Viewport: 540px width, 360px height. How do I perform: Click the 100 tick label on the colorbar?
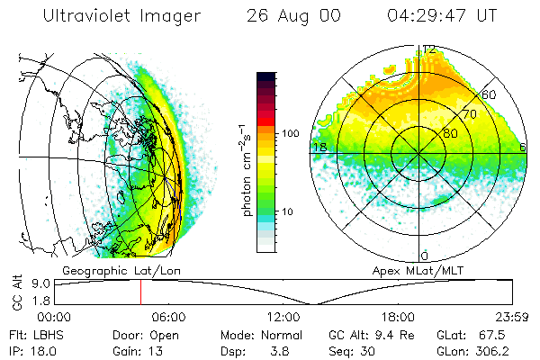tap(291, 133)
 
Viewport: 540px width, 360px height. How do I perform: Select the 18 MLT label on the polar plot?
tap(318, 146)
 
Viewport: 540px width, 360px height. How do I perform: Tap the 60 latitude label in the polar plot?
tap(490, 94)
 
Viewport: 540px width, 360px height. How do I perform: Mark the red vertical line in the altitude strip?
tap(140, 292)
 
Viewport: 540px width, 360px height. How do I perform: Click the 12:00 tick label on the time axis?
tap(283, 316)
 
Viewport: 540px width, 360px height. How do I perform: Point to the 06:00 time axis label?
tap(168, 316)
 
